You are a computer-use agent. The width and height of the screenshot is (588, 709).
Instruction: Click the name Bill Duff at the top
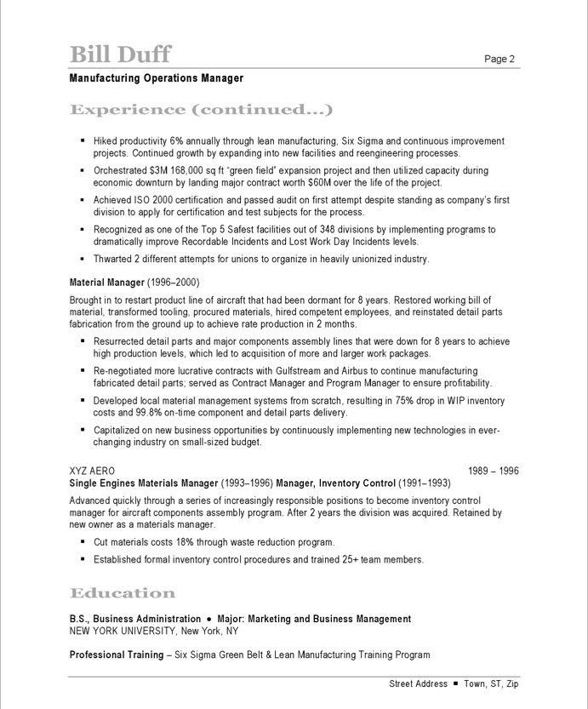click(120, 54)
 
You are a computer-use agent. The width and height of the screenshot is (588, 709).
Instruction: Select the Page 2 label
click(500, 59)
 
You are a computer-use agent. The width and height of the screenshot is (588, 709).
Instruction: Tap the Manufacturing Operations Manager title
click(157, 78)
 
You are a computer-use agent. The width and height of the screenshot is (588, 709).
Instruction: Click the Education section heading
click(123, 593)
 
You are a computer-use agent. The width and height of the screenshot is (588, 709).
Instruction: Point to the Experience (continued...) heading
click(200, 110)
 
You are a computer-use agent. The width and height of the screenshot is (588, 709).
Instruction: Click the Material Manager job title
click(106, 282)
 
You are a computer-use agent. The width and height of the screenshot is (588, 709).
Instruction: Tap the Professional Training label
click(116, 655)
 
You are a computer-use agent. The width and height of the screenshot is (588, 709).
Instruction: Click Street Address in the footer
click(418, 683)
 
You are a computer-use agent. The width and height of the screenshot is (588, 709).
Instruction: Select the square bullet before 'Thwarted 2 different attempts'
click(83, 259)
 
